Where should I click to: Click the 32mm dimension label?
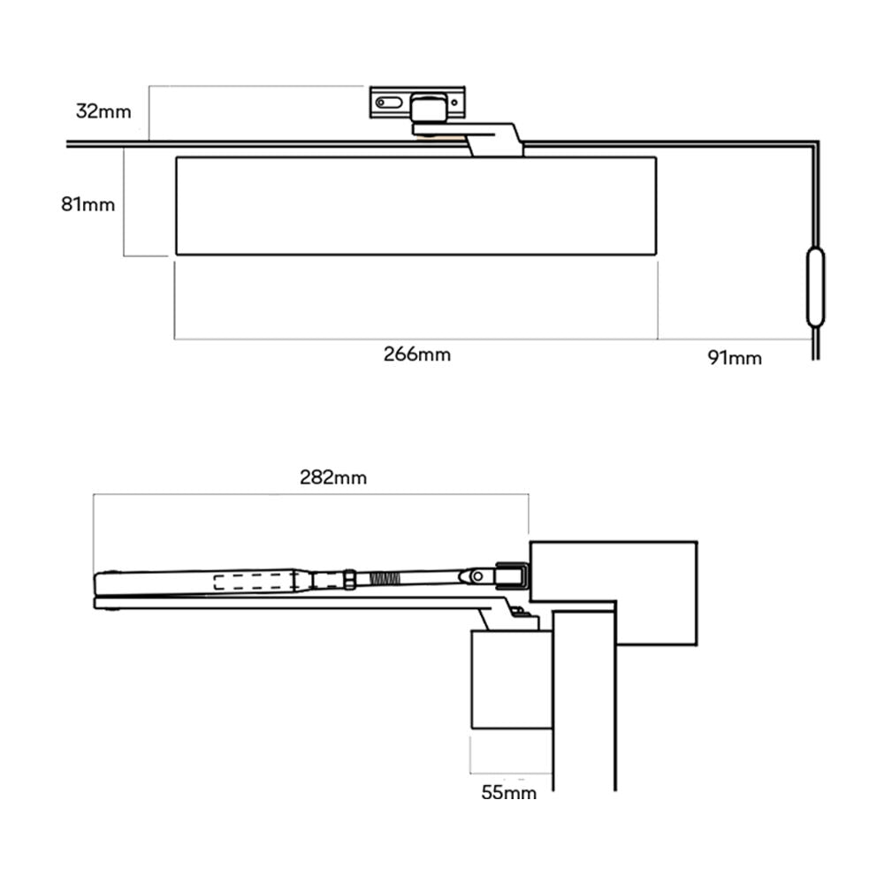[x=103, y=111]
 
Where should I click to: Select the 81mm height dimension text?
[x=88, y=204]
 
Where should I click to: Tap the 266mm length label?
[x=416, y=354]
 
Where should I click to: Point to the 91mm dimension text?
[x=734, y=358]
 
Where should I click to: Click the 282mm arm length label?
[x=333, y=478]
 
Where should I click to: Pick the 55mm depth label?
[x=508, y=792]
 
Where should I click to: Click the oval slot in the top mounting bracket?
[x=388, y=103]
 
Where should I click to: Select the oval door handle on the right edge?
[x=815, y=287]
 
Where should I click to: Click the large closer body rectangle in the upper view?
[x=415, y=206]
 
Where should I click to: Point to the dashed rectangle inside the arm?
[x=253, y=582]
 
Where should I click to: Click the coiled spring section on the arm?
[x=383, y=580]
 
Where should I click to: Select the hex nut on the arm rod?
[x=350, y=580]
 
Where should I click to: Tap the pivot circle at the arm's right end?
[x=477, y=576]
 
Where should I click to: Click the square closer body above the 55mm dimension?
[x=511, y=679]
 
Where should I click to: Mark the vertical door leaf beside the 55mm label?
[x=583, y=707]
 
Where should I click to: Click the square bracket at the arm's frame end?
[x=511, y=576]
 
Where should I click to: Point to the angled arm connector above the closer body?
[x=492, y=139]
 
